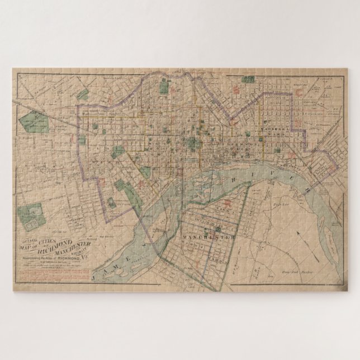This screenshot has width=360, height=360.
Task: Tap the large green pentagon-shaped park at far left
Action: (36, 120)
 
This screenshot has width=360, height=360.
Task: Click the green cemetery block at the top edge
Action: (165, 86)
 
